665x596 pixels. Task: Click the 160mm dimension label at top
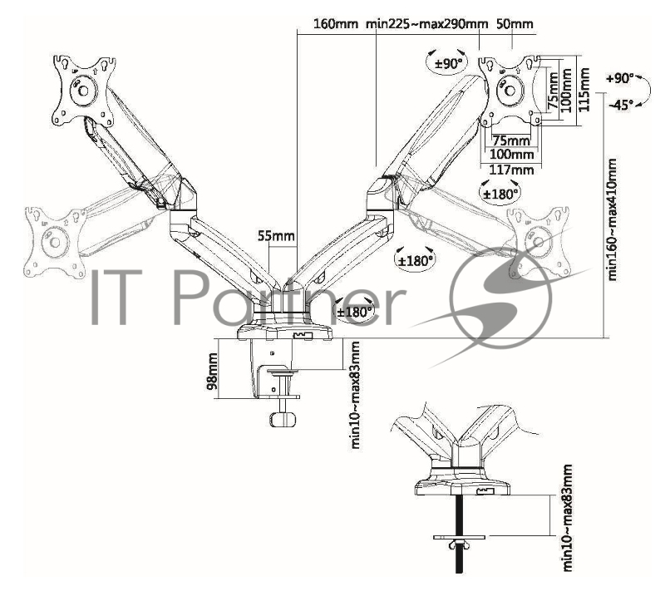pos(335,23)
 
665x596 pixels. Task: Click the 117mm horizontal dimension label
pos(510,170)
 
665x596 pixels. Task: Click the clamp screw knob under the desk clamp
pos(284,419)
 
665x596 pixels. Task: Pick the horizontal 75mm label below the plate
pos(510,140)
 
